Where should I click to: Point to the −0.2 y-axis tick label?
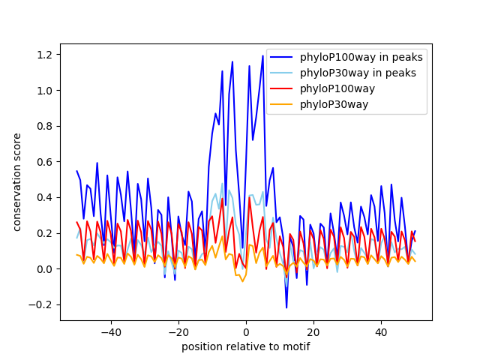coord(43,304)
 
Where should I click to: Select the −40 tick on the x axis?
coord(111,331)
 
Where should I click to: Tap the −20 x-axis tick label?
coord(178,331)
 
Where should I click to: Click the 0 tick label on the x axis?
coord(246,331)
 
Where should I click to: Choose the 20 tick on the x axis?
coord(313,331)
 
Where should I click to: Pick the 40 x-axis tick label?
coord(381,331)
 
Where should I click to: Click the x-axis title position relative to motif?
coord(246,346)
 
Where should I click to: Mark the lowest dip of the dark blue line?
coord(286,307)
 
